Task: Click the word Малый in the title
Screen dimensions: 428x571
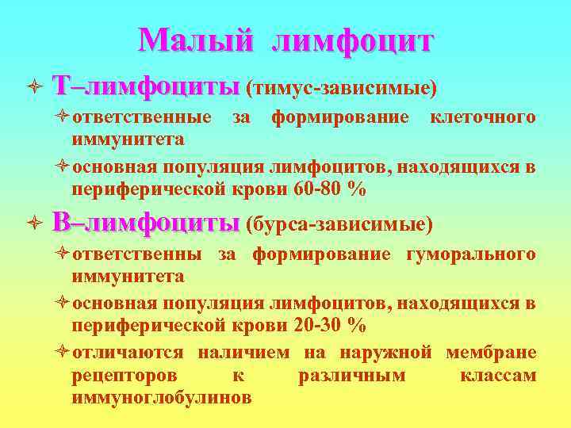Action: [194, 40]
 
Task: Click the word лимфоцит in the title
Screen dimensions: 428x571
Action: [352, 42]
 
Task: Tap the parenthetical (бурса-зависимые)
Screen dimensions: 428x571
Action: [340, 225]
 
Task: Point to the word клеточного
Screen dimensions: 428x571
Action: [482, 118]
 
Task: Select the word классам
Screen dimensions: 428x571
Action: [498, 375]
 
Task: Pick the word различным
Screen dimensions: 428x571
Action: [351, 375]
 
